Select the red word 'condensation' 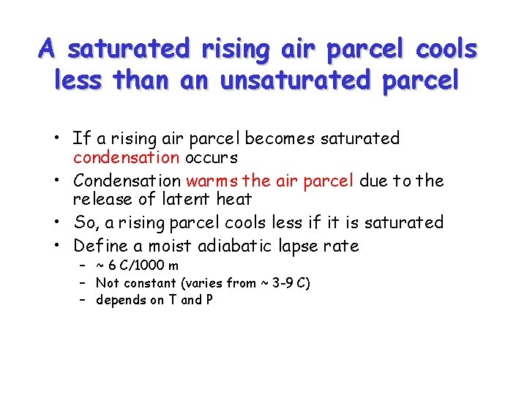pos(126,157)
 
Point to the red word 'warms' pos(212,180)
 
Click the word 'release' pos(100,199)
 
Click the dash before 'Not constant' pos(84,283)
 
